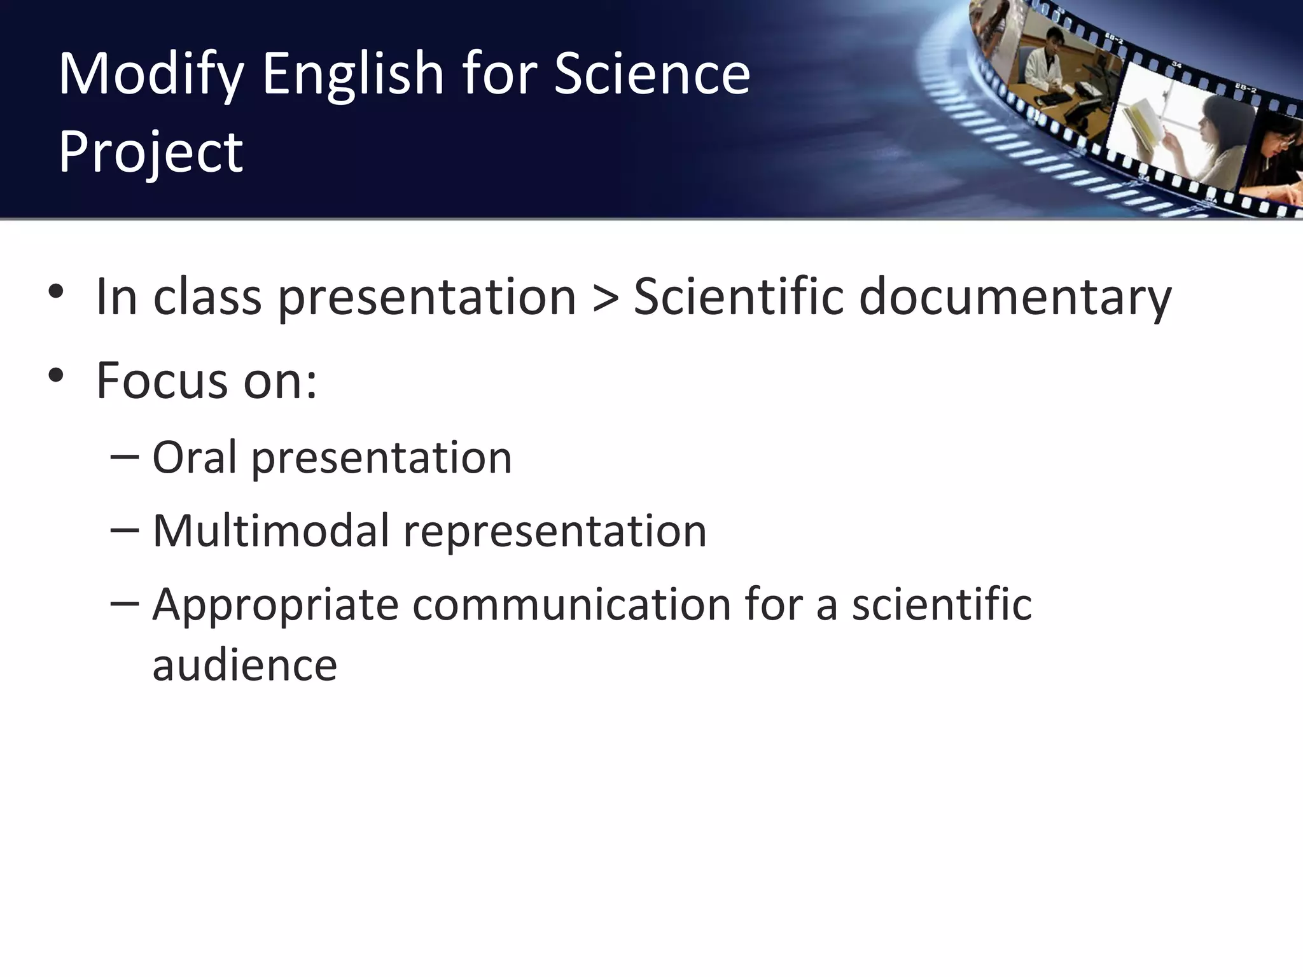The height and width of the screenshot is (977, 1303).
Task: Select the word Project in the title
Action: tap(150, 153)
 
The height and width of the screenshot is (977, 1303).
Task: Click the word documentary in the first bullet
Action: tap(1015, 296)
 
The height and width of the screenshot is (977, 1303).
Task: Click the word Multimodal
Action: tap(270, 530)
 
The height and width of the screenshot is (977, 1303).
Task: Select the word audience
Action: tap(244, 665)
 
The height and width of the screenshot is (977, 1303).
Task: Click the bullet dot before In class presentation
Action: tap(56, 292)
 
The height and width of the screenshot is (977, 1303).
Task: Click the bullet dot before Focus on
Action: tap(56, 375)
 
